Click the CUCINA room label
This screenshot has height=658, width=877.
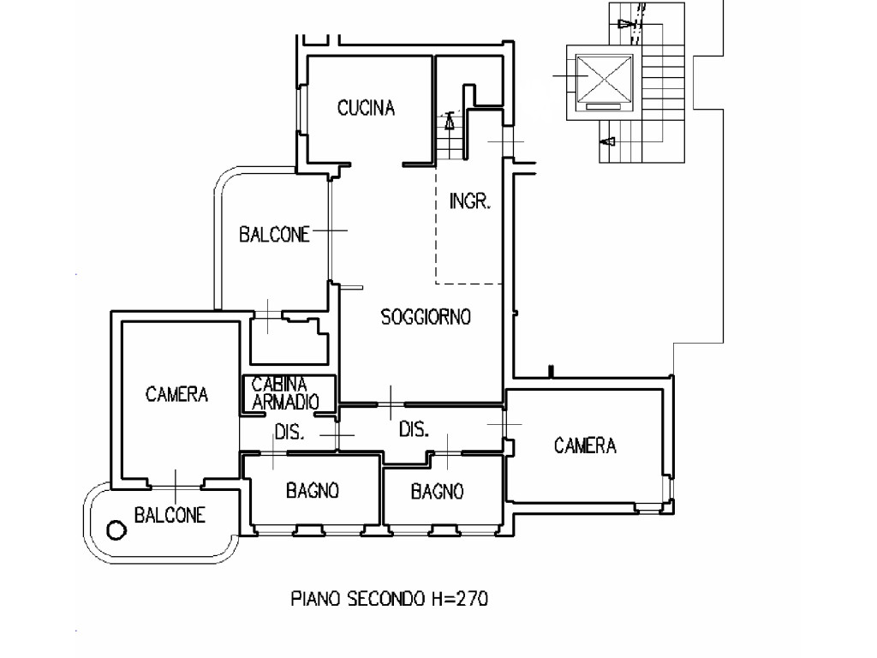(366, 107)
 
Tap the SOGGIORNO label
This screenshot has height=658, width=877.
(426, 317)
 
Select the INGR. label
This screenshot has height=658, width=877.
(470, 200)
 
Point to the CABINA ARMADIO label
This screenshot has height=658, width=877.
(285, 392)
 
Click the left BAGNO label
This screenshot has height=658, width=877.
(312, 491)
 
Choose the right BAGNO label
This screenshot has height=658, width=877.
(437, 492)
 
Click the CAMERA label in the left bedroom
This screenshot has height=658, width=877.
(176, 394)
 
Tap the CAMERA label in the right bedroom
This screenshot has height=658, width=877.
(585, 446)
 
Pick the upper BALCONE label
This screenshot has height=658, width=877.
(274, 235)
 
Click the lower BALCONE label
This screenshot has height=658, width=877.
(170, 515)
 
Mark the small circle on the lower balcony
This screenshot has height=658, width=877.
(116, 529)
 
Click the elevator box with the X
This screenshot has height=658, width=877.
(604, 77)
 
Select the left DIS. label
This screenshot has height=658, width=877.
(289, 433)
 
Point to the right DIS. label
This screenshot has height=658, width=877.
(414, 430)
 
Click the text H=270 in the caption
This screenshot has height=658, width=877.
(460, 599)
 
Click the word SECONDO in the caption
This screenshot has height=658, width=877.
(386, 599)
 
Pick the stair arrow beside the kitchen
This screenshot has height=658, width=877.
(449, 122)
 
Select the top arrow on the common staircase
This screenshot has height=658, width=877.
(626, 24)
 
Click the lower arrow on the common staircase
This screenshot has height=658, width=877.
(608, 141)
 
